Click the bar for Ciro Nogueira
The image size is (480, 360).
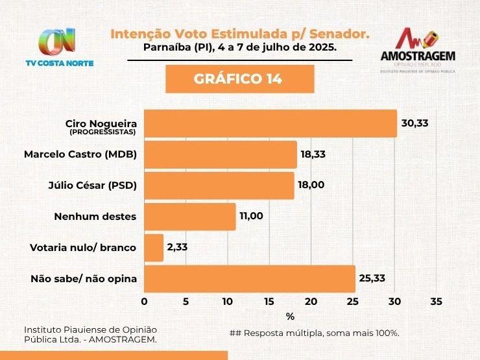tap(270, 123)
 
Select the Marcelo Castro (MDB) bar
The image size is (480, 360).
tap(220, 154)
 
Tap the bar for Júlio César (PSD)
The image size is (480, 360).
tap(219, 186)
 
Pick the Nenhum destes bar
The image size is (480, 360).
tap(189, 217)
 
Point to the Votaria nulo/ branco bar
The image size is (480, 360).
tap(153, 248)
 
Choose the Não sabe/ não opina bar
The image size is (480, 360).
tap(249, 279)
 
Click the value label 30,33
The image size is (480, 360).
tap(415, 123)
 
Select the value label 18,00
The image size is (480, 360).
tap(311, 185)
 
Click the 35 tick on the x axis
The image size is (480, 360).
tap(436, 302)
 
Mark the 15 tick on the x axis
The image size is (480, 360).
tap(269, 302)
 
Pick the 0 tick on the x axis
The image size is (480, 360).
tap(144, 302)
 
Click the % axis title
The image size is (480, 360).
tap(290, 317)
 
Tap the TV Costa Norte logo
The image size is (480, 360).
tap(59, 47)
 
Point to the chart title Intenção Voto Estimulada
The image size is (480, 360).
tap(240, 33)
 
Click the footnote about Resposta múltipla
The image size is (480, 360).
tap(314, 333)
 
